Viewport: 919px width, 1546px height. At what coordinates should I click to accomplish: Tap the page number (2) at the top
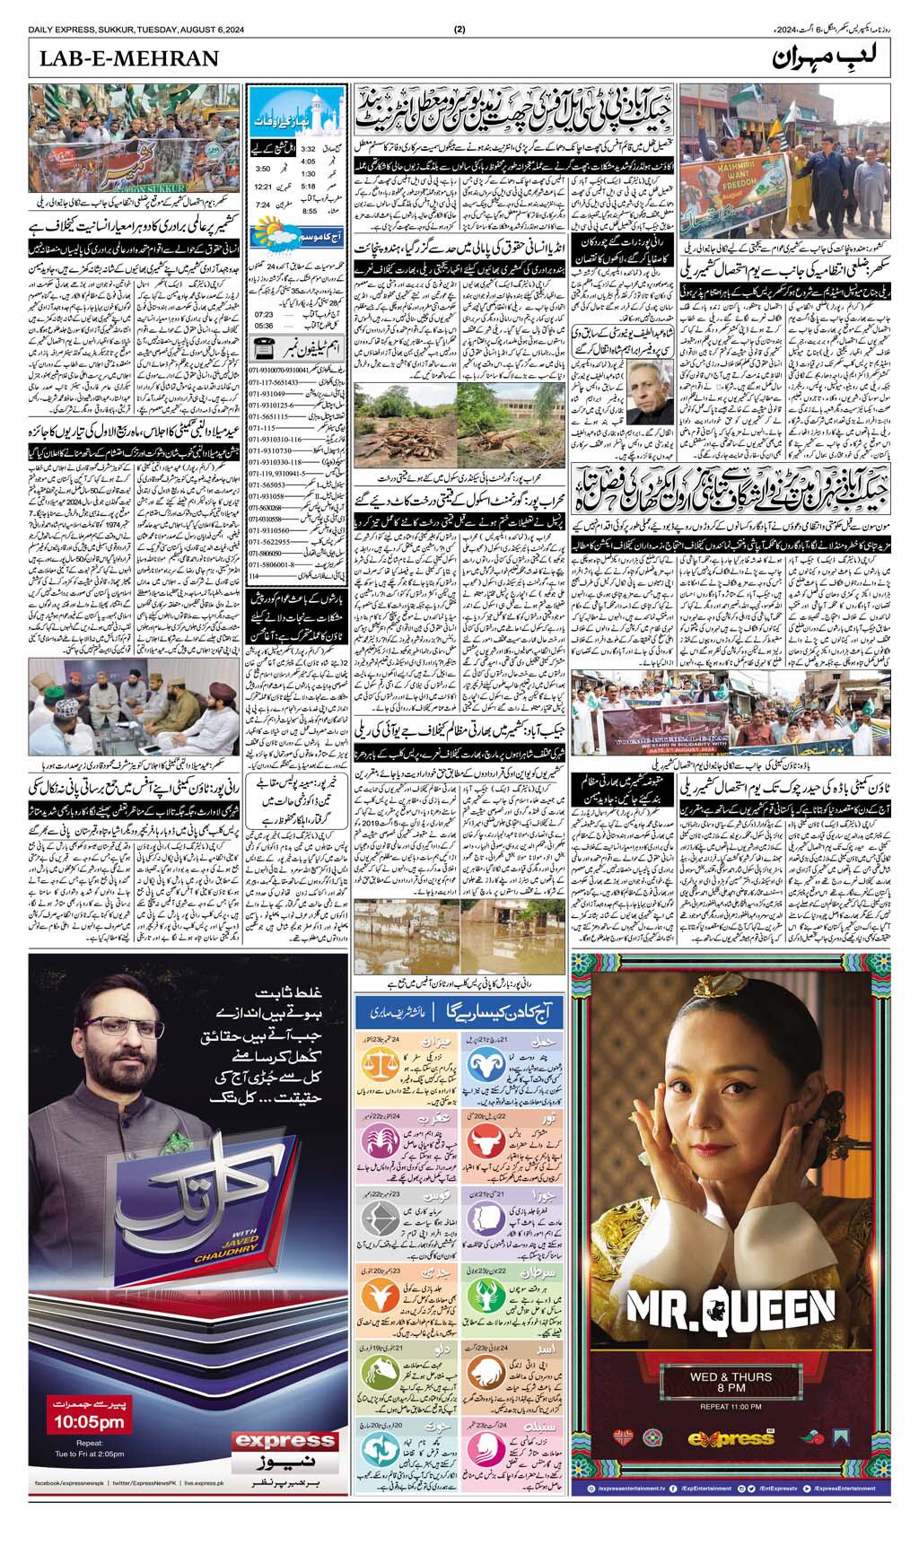click(459, 29)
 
